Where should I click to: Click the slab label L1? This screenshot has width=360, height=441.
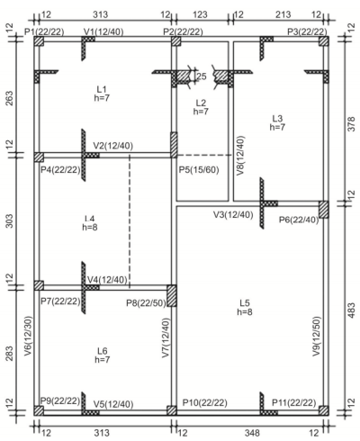102,89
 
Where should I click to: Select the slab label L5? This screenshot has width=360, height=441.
245,302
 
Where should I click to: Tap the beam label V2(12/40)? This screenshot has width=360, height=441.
113,146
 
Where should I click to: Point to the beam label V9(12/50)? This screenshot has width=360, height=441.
317,337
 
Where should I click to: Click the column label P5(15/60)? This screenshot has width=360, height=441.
199,170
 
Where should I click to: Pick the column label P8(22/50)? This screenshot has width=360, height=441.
146,303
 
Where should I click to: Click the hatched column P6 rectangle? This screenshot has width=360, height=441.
324,210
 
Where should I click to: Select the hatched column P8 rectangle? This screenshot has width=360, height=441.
172,295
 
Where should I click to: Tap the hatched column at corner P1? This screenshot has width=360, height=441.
39,41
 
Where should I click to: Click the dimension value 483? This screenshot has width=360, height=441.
352,310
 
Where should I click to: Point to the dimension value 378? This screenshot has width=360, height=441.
352,123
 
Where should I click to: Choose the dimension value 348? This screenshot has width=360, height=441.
252,433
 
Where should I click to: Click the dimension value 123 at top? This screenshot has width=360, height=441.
200,14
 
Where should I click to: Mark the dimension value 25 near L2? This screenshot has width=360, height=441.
202,76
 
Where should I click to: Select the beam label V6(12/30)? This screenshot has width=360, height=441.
28,336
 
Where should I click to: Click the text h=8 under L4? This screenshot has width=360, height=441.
90,227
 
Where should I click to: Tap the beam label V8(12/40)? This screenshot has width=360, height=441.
240,156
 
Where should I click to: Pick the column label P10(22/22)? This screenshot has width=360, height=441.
205,402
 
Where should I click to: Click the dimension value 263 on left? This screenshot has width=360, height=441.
9,98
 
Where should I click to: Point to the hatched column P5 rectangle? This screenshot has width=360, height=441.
174,145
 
